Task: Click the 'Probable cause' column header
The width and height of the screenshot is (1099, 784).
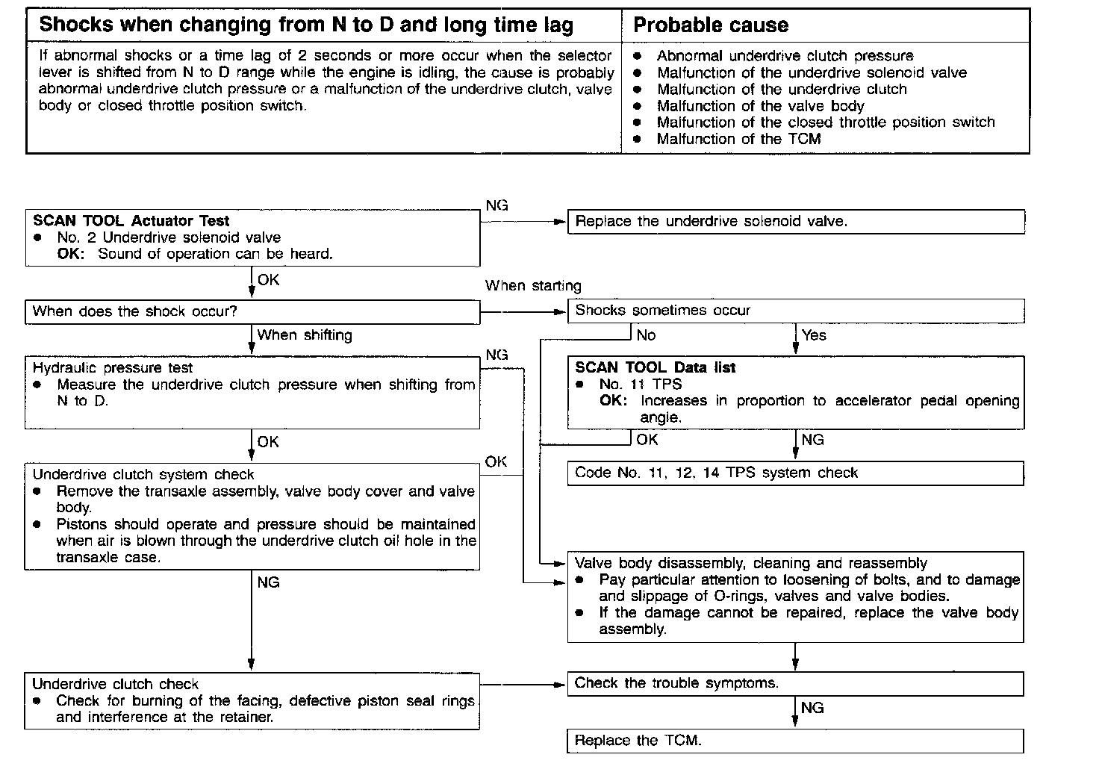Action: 710,25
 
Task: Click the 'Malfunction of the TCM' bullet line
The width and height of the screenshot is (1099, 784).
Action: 738,139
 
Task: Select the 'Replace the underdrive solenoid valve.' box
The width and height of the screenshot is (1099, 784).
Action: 796,222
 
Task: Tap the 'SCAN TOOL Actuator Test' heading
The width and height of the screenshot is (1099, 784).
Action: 131,221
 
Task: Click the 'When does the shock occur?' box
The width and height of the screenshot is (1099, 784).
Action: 252,311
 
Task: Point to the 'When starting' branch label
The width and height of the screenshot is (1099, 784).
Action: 533,285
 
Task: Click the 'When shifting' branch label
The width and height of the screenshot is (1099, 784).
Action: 305,335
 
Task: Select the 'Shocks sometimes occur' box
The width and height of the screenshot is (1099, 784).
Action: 796,311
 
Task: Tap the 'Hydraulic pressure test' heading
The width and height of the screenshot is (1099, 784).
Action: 113,367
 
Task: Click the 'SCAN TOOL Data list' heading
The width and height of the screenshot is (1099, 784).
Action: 655,367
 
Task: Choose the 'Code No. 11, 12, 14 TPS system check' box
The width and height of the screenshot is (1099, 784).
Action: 796,473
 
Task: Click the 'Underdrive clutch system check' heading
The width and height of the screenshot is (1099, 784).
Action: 143,474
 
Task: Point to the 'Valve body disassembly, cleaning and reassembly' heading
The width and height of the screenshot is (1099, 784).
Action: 750,563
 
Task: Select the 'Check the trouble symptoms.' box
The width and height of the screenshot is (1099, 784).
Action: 796,683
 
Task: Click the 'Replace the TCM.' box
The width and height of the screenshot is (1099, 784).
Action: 796,741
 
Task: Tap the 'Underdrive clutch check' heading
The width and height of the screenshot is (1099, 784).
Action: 116,684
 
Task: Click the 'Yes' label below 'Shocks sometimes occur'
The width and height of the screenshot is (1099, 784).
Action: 814,335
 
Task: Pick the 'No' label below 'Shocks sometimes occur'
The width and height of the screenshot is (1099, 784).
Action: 646,335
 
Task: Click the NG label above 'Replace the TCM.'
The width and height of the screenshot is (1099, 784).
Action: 812,708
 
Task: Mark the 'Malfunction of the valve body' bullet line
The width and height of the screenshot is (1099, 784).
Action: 760,106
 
